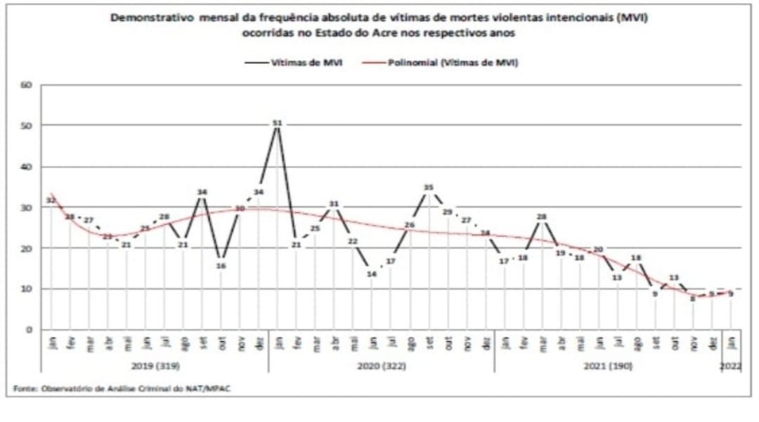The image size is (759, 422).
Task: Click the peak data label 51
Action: coord(277,123)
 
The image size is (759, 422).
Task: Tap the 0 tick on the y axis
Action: coord(29,329)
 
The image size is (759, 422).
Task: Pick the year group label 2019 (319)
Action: coord(155,366)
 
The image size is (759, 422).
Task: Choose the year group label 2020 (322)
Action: coord(382,366)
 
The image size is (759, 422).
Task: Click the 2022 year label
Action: coord(731,366)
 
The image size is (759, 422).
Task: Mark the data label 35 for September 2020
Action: coord(429,187)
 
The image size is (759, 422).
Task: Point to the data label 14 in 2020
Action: coord(372,274)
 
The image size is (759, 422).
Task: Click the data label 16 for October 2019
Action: coord(221,266)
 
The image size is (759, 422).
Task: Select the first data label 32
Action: coord(51,200)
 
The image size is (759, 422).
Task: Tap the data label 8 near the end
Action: coord(693,298)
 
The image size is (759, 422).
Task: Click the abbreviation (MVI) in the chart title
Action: coord(632,19)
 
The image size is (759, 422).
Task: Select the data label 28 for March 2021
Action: coord(542,217)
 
